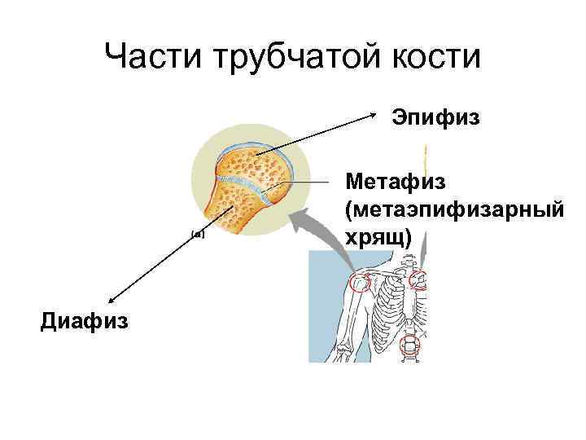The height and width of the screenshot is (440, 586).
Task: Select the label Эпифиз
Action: [x=437, y=119]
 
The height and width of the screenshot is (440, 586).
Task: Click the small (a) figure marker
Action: [x=196, y=233]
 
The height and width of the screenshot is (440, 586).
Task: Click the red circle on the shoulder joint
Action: [x=359, y=283]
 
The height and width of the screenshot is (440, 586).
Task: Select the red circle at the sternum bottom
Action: [x=410, y=345]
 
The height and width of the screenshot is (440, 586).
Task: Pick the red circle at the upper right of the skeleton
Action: [x=418, y=280]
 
